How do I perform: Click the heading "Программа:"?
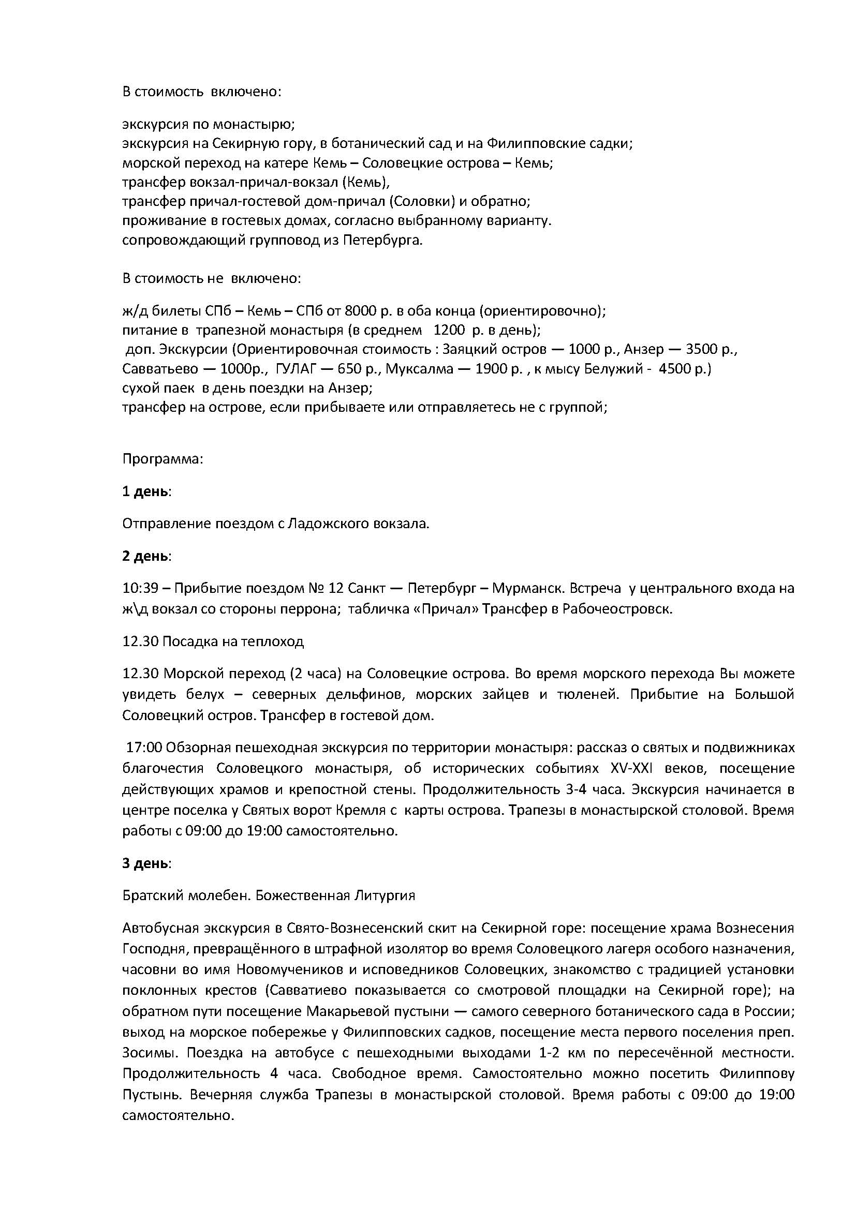pyautogui.click(x=163, y=459)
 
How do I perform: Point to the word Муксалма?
pyautogui.click(x=419, y=369)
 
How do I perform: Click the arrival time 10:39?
pyautogui.click(x=140, y=588)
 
